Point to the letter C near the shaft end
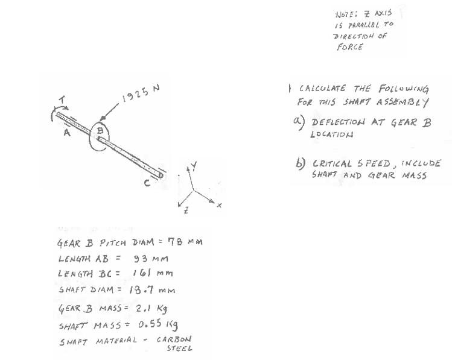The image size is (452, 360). [145, 185]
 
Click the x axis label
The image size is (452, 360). [219, 206]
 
